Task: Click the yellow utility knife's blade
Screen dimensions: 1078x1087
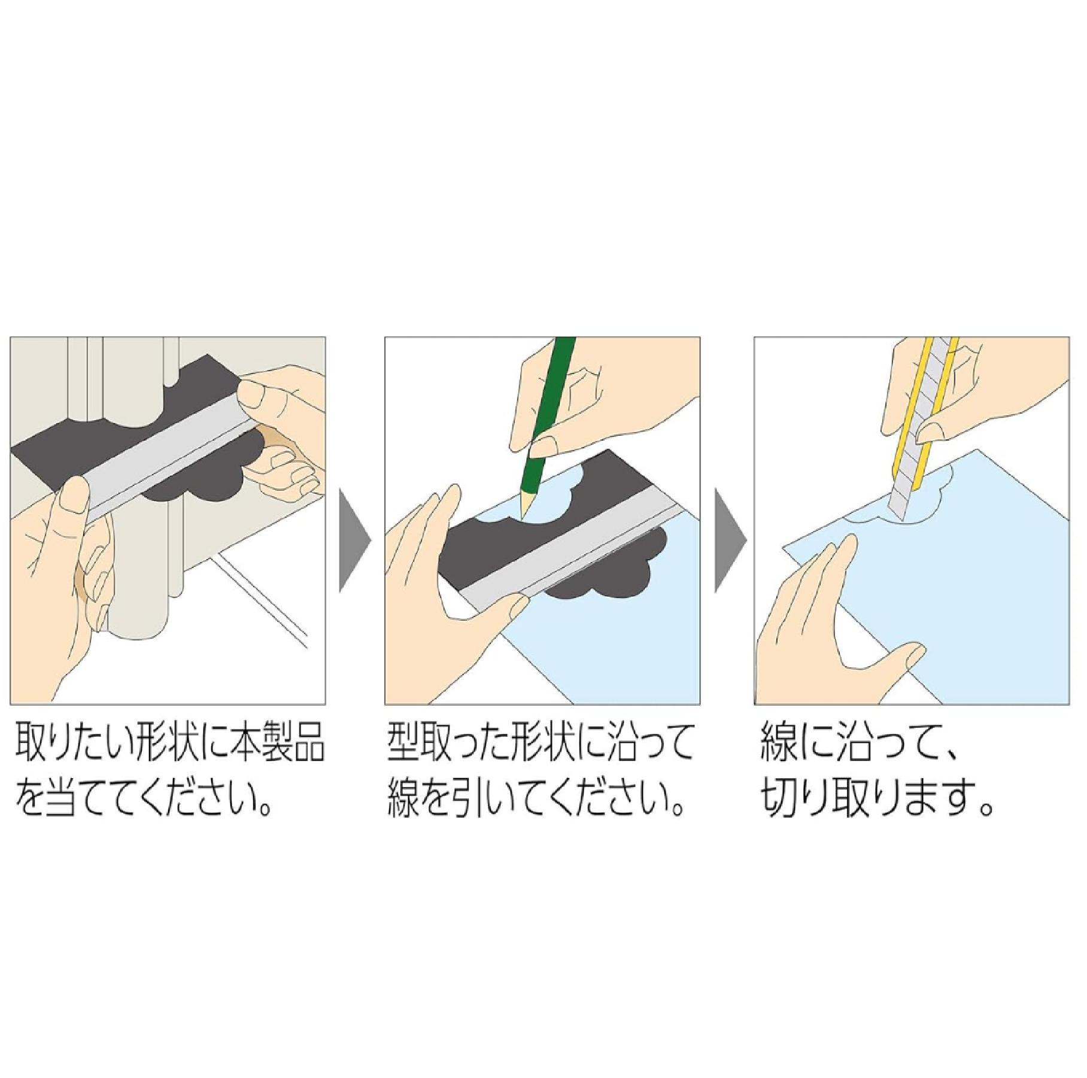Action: (x=900, y=494)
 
